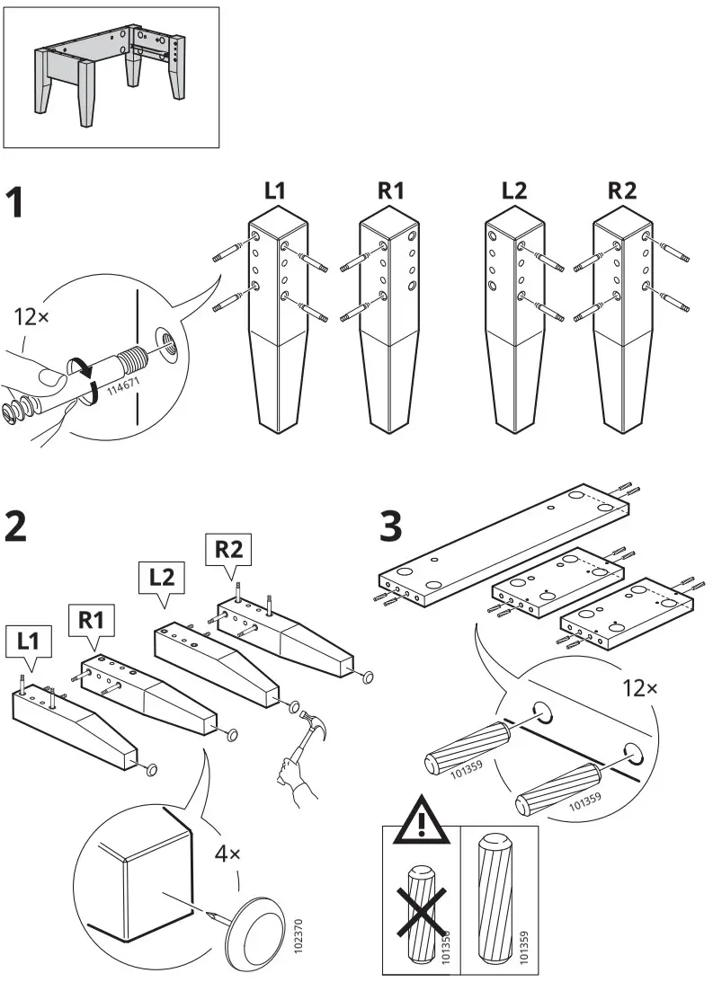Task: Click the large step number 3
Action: pyautogui.click(x=391, y=526)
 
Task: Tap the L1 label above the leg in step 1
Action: pyautogui.click(x=276, y=190)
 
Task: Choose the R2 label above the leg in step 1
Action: pyautogui.click(x=623, y=190)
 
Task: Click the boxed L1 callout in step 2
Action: pyautogui.click(x=30, y=641)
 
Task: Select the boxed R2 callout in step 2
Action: pyautogui.click(x=230, y=548)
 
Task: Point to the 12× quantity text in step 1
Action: pyautogui.click(x=35, y=316)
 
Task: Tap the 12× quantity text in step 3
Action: pyautogui.click(x=640, y=689)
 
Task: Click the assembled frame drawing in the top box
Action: pyautogui.click(x=111, y=76)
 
